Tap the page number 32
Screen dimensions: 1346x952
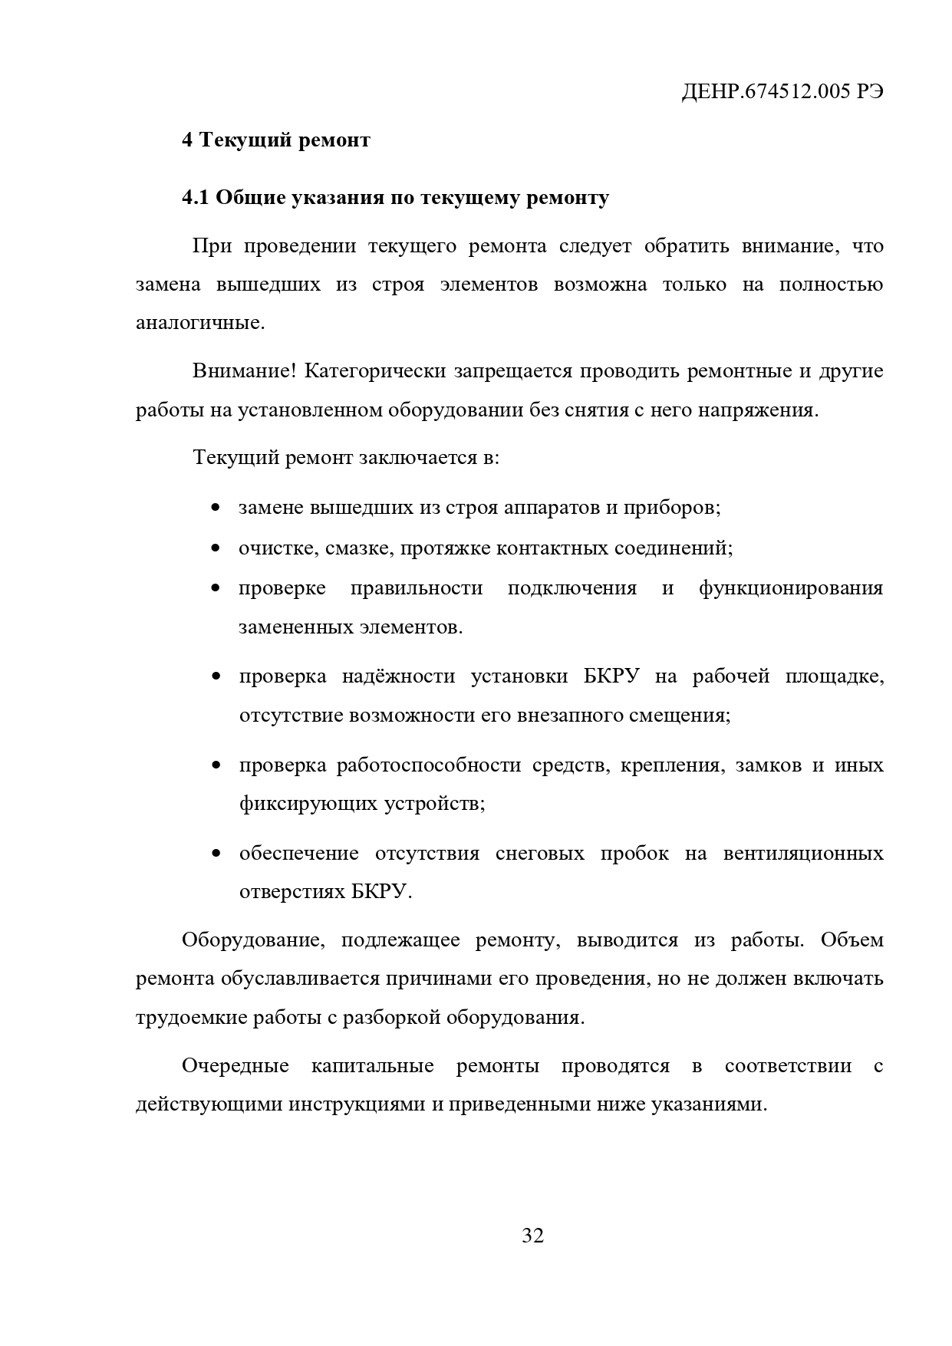[532, 1236]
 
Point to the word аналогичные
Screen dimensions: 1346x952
[199, 323]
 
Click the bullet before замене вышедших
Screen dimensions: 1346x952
[216, 508]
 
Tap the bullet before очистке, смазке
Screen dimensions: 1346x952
[216, 549]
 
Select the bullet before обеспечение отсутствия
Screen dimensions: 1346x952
[216, 854]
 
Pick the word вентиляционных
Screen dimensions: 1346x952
[802, 854]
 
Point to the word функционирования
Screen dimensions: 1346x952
[790, 589]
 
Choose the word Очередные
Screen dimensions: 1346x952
[235, 1066]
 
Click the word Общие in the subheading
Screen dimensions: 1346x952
[250, 198]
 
